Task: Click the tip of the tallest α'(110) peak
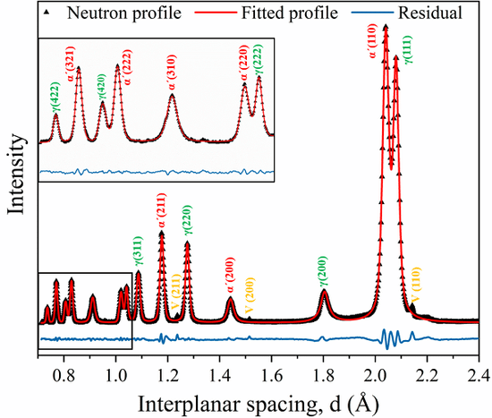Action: [385, 27]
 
